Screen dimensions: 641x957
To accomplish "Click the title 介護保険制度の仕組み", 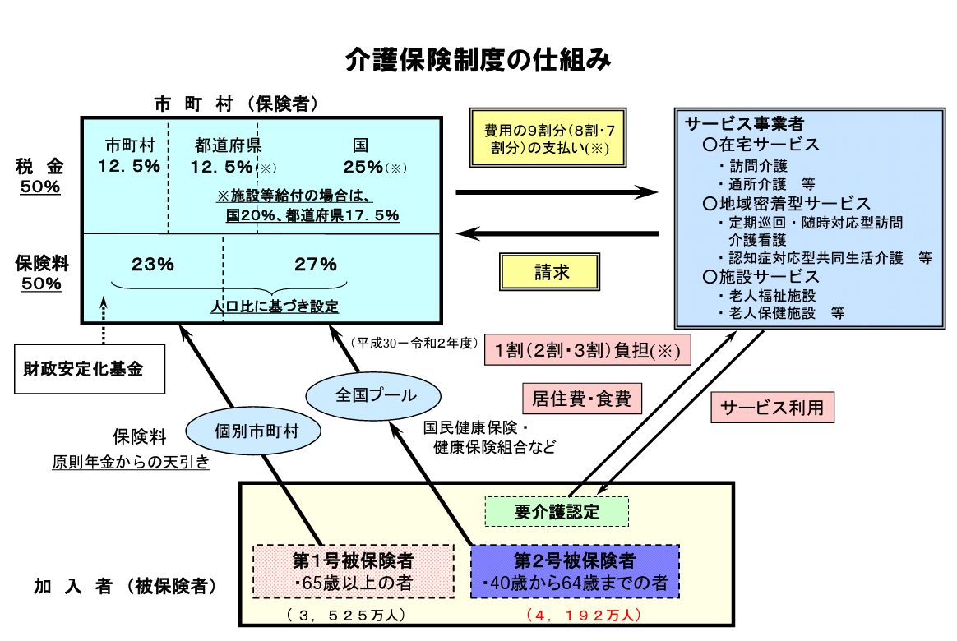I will click(x=478, y=60).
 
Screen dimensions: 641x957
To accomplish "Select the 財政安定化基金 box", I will click(x=89, y=369).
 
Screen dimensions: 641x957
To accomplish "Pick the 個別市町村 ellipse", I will click(x=254, y=430).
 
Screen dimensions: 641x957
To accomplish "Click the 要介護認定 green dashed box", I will click(x=557, y=511).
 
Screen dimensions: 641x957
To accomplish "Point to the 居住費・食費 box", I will click(x=581, y=399).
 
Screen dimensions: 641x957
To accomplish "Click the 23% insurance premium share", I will click(x=153, y=265).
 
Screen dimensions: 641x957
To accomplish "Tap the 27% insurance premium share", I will click(x=316, y=265).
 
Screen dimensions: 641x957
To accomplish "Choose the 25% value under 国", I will click(x=363, y=167).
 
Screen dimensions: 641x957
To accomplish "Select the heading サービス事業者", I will click(x=745, y=124).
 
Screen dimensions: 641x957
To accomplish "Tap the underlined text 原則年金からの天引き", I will click(x=131, y=463).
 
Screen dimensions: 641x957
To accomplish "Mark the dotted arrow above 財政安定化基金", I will click(x=104, y=320).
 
